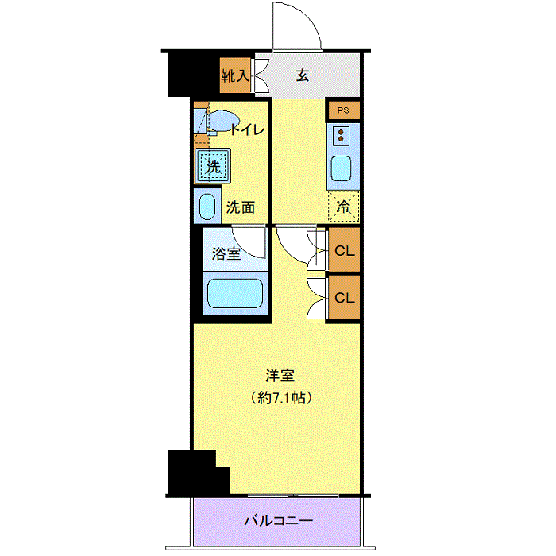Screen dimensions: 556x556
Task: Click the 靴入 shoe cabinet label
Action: pos(236,76)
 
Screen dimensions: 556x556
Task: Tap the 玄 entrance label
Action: pos(303,76)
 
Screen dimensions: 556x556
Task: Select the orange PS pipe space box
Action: pos(343,110)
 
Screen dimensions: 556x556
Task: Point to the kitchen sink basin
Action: pos(342,168)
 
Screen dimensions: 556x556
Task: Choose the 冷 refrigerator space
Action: pos(343,206)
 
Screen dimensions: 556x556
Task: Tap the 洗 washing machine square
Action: pos(213,167)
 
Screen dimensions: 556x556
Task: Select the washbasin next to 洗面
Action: pos(207,207)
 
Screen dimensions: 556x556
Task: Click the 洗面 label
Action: pos(241,208)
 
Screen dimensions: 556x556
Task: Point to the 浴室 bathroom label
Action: pos(226,254)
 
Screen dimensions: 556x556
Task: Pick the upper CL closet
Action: pos(344,251)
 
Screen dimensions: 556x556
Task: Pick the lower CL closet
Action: pos(344,298)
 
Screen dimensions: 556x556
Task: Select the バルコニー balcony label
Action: pos(278,522)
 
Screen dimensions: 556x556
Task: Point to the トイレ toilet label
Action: pos(247,130)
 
